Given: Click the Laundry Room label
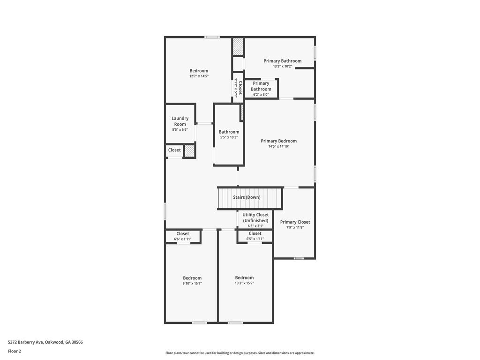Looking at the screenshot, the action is tap(180, 121).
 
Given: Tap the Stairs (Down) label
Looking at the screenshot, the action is tap(247, 197).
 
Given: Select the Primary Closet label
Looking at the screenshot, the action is tap(295, 222).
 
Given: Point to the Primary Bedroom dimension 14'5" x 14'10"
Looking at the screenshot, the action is tap(278, 146).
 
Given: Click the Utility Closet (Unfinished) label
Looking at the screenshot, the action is tap(255, 217).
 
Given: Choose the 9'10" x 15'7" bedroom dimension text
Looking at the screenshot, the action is tap(192, 284).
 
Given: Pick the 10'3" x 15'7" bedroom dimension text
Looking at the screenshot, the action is tap(244, 283).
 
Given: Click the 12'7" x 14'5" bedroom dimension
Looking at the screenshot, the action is tap(199, 76).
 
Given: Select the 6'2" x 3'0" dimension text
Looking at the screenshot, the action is tap(261, 95).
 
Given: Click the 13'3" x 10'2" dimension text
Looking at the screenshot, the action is tap(283, 66).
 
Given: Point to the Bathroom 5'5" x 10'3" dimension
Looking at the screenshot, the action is tap(229, 137).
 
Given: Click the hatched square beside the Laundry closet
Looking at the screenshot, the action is tap(189, 151).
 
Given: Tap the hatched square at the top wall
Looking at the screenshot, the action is tap(238, 46).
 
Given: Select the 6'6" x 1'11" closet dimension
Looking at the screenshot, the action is tap(183, 239).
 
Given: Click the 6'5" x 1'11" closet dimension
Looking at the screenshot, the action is tap(255, 239).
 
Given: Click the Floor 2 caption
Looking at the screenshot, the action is tap(15, 351).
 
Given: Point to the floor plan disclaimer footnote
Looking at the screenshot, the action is tap(240, 353).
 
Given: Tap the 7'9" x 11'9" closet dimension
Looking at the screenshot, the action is tap(295, 227).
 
